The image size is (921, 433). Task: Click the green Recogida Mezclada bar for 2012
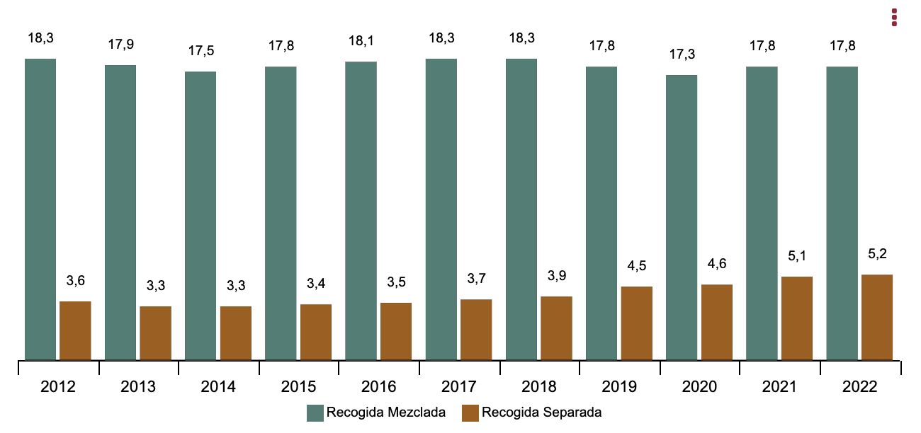40,209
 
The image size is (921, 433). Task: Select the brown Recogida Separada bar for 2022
876,317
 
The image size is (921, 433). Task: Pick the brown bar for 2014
235,333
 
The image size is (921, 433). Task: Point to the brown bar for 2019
636,323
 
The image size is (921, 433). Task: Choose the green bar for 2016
361,211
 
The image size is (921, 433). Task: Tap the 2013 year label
139,387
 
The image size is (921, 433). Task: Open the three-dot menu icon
894,18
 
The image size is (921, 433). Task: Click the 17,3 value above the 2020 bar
682,54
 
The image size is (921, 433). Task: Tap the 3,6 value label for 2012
75,281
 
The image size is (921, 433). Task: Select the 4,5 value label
636,266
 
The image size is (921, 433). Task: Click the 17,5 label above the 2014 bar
200,51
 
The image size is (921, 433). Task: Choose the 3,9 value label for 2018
556,276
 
